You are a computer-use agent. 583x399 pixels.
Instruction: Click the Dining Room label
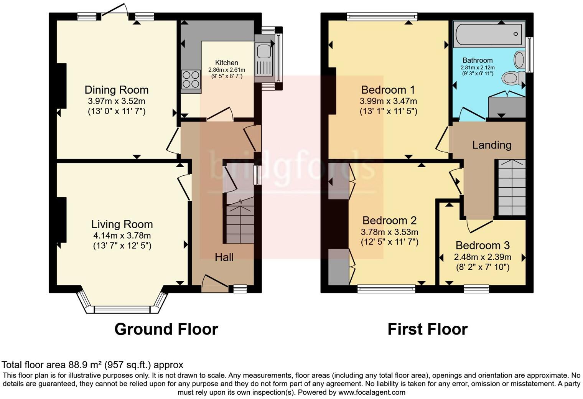pos(116,90)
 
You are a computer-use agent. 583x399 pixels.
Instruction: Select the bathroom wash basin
pos(519,60)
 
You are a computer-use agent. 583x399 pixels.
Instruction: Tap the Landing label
pos(491,145)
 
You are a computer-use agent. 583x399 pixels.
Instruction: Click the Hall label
pos(224,257)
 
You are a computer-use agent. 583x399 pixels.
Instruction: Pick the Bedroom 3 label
pos(483,246)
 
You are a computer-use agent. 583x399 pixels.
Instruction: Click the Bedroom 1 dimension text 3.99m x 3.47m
pos(388,101)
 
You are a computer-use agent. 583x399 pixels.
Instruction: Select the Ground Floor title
pos(166,329)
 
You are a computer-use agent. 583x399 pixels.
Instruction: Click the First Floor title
pos(427,329)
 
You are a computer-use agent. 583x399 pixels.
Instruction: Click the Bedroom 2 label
pos(389,221)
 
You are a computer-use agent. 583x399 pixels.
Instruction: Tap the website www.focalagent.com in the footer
pos(372,392)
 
